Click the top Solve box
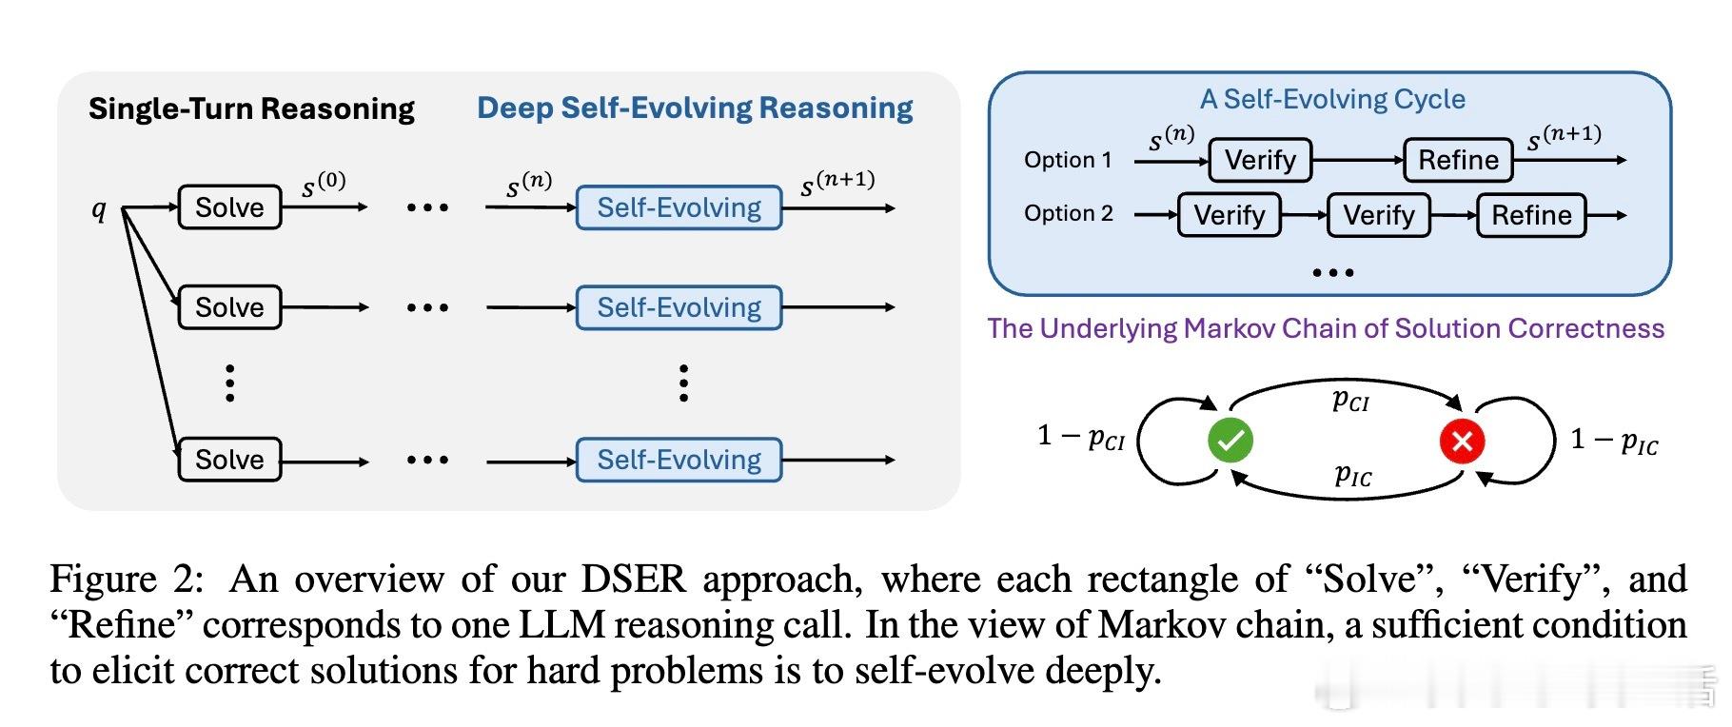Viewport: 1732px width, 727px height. point(229,207)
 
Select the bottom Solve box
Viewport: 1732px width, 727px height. point(229,460)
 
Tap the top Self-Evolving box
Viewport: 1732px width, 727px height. point(679,207)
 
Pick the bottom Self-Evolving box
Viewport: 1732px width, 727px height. point(679,460)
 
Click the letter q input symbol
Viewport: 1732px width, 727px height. point(99,209)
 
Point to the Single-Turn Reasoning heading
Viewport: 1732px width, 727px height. point(251,108)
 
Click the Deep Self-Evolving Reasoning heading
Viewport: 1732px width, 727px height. point(695,108)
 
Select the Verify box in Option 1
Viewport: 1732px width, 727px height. point(1260,160)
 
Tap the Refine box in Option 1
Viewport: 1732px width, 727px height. point(1458,160)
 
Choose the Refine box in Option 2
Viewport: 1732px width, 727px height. point(1530,215)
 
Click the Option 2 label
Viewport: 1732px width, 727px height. point(1068,213)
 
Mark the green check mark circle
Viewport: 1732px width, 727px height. point(1230,441)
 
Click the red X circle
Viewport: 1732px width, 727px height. point(1463,441)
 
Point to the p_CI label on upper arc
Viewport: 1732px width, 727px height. point(1350,400)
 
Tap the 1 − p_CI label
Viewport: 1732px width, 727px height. point(1081,437)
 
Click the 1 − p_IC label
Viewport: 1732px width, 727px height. point(1614,440)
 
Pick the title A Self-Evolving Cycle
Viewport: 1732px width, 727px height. point(1331,99)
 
